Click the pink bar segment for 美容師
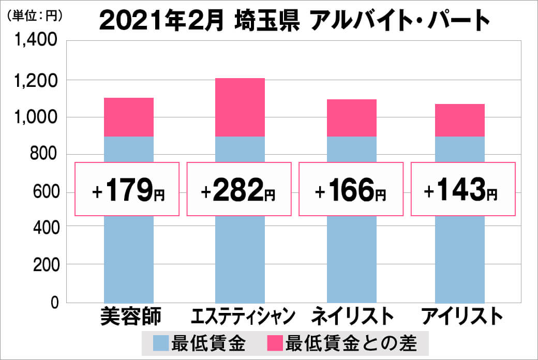129,117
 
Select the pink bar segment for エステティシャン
240,107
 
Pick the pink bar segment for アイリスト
460,120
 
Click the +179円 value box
127,189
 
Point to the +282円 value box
238,189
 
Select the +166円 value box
350,189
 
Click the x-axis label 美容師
130,317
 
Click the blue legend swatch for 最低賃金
160,343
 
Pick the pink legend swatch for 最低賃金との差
275,343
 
